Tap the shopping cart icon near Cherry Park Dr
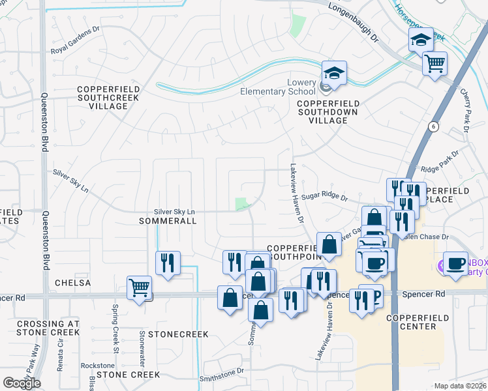(434, 63)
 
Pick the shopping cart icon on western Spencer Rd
(140, 287)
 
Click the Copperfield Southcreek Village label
(102, 97)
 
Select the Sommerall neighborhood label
(168, 222)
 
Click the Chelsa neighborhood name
(72, 283)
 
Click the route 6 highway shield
(432, 126)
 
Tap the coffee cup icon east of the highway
(456, 263)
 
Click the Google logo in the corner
(22, 383)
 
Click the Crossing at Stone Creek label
(48, 328)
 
